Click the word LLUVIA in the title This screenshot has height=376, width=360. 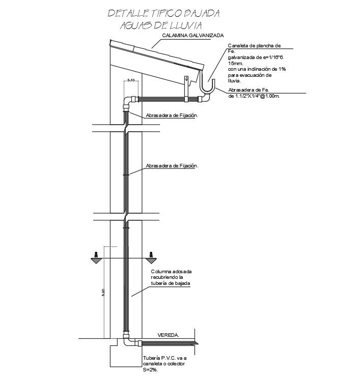click(184, 25)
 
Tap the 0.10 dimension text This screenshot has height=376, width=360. click(131, 79)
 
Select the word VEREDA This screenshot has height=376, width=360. click(169, 335)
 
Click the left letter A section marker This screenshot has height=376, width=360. click(95, 254)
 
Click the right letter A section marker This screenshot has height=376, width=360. click(151, 254)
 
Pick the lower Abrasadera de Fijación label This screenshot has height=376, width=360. click(172, 166)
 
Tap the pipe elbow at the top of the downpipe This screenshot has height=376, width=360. click(126, 102)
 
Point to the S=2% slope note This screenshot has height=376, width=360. click(151, 370)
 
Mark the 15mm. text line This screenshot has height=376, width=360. click(236, 63)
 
